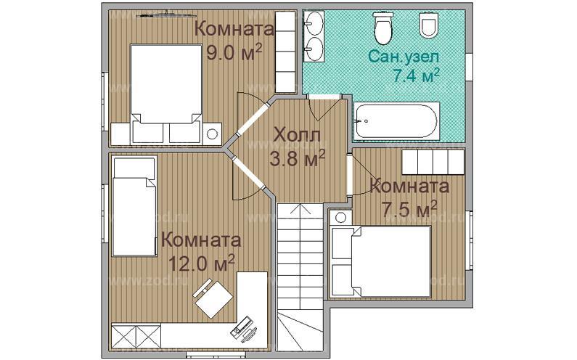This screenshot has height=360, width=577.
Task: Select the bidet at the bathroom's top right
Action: (428, 26)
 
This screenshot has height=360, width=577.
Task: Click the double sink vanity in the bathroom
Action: (315, 37)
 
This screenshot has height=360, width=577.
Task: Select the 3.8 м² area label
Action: (296, 157)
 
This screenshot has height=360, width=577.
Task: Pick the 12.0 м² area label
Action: (202, 263)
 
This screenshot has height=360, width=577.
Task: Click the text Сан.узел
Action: (404, 55)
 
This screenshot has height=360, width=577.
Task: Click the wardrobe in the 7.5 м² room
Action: (433, 161)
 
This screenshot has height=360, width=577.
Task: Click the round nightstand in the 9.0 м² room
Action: (213, 134)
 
